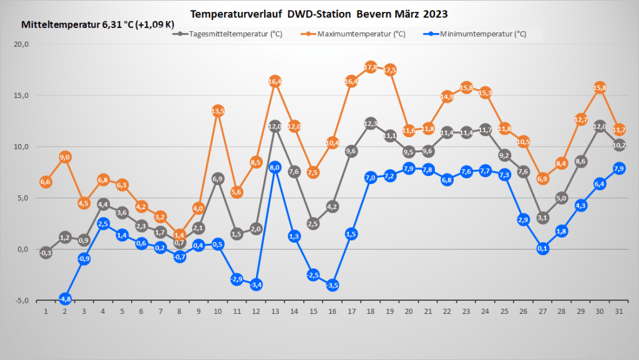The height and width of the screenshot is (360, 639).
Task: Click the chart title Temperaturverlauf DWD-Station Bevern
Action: [319, 13]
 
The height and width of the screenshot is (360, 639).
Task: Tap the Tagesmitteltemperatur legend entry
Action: [228, 34]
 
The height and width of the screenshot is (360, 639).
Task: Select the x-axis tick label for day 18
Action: [371, 311]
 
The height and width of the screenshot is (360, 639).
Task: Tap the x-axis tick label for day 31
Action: [619, 311]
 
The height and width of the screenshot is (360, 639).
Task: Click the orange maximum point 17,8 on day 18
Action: [371, 67]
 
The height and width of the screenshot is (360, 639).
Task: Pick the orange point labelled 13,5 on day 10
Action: [218, 111]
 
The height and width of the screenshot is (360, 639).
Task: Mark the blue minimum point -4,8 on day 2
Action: [65, 299]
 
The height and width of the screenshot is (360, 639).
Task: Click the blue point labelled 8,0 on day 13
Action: [275, 167]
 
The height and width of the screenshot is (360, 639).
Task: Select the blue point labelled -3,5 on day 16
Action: [333, 285]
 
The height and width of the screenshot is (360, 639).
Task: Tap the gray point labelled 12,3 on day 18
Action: [371, 124]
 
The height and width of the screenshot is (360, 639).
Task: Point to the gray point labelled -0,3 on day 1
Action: [46, 253]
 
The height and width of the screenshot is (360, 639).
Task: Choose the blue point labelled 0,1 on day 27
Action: [543, 248]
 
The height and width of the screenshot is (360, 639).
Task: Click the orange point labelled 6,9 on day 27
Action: [543, 179]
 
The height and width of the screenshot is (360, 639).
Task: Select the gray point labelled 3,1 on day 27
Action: [543, 218]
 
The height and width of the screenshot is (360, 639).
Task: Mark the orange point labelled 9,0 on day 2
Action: [65, 157]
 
